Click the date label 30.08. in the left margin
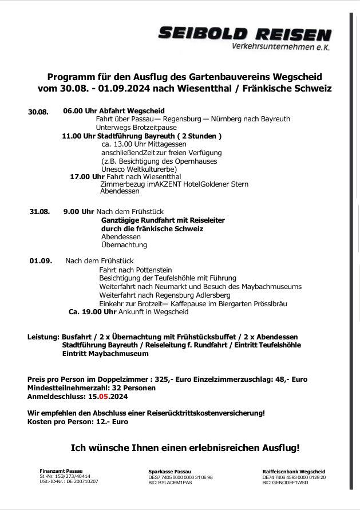[38, 112]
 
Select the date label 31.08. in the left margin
[39, 212]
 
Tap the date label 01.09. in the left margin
[41, 261]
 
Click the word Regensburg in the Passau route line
[182, 119]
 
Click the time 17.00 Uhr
[87, 177]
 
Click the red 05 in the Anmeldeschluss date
[104, 396]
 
